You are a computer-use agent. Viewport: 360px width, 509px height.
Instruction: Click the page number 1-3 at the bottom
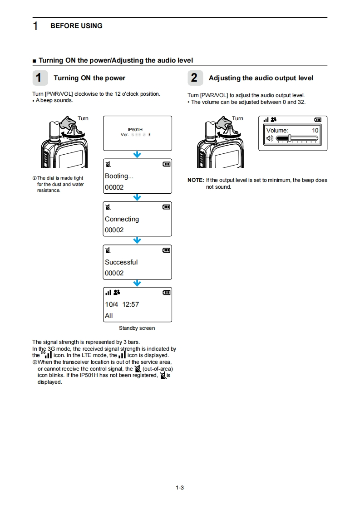point(180,488)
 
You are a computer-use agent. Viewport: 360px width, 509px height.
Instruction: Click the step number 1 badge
point(39,78)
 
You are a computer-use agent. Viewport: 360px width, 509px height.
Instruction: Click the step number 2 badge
point(194,78)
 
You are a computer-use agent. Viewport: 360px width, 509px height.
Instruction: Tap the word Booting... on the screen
point(119,176)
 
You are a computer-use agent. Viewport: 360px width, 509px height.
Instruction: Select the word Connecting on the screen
point(122,219)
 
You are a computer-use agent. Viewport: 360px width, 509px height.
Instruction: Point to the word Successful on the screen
point(121,262)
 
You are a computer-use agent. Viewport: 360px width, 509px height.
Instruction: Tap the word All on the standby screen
point(109,316)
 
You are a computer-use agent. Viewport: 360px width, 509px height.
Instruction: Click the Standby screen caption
point(137,328)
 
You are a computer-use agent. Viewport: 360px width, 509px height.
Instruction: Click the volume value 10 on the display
point(315,130)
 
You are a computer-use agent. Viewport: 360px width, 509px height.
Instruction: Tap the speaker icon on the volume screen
point(271,138)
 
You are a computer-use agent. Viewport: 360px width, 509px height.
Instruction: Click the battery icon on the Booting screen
point(167,164)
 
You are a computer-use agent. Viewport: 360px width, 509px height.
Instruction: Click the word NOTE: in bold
point(196,180)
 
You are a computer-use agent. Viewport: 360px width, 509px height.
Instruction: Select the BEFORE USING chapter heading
point(76,26)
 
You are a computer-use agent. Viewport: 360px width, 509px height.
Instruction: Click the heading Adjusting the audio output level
point(261,78)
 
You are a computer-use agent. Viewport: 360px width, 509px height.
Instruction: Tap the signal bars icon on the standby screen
point(108,293)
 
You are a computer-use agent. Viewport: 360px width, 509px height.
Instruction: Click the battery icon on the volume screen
point(318,120)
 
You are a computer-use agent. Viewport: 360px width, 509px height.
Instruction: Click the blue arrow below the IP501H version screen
point(137,155)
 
